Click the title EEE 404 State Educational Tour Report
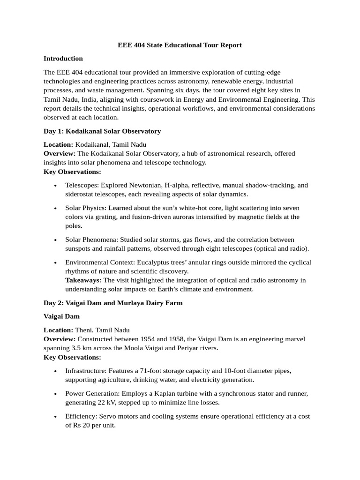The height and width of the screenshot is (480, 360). pyautogui.click(x=180, y=45)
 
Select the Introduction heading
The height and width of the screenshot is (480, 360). pyautogui.click(x=63, y=59)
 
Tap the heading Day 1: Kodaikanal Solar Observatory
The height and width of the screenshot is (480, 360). pyautogui.click(x=102, y=131)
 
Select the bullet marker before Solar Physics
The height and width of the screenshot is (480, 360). pyautogui.click(x=56, y=208)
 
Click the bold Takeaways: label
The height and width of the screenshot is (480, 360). pyautogui.click(x=83, y=280)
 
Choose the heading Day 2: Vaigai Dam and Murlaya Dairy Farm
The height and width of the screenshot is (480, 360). pyautogui.click(x=113, y=303)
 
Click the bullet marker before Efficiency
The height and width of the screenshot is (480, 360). pyautogui.click(x=56, y=416)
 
